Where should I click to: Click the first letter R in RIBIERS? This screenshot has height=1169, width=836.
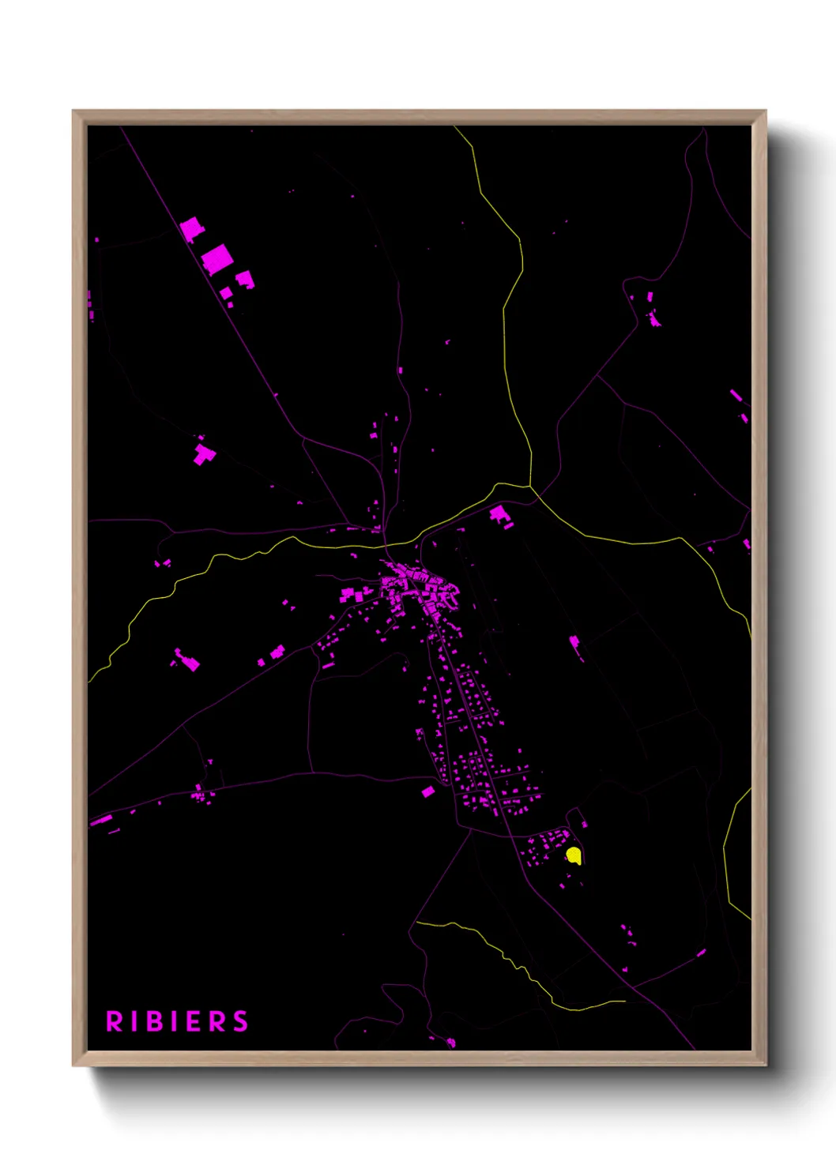click(115, 1021)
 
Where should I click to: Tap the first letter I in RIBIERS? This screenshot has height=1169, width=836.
click(135, 1021)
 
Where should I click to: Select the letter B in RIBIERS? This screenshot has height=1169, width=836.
click(156, 1021)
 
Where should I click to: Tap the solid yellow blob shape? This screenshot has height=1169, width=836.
click(574, 855)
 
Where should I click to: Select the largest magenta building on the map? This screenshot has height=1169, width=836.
click(217, 259)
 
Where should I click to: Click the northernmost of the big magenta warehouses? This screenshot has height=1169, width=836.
click(191, 230)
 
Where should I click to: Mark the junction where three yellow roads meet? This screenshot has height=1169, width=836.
click(531, 486)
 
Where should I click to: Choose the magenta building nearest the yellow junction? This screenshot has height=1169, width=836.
click(500, 517)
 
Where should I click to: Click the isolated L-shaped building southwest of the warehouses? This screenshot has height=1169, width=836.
click(204, 454)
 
